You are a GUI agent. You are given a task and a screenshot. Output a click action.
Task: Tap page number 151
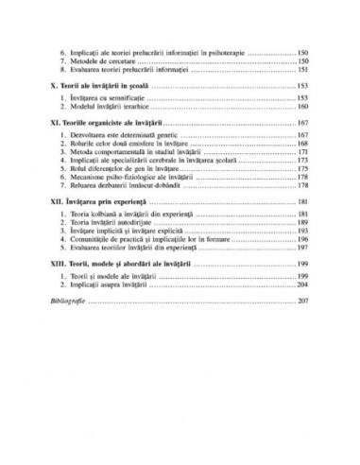coord(302,69)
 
